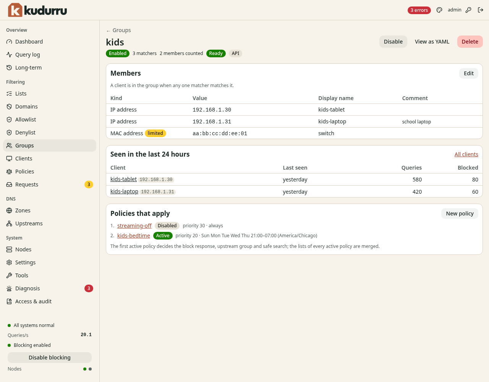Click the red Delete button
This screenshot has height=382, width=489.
470,42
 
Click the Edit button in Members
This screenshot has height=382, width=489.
468,73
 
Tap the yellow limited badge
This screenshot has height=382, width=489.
155,133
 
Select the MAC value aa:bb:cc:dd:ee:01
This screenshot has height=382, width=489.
220,133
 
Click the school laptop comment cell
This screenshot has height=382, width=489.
416,122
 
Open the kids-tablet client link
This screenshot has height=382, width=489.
123,179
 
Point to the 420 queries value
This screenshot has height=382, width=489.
417,192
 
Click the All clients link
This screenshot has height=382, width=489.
466,154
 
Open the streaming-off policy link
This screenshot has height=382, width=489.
134,226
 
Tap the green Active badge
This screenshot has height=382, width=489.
163,236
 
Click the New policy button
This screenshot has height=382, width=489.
460,214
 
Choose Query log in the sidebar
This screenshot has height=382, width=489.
28,55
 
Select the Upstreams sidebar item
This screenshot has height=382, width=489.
29,223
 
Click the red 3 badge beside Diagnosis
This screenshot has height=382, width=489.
89,288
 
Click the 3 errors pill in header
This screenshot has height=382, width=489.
419,10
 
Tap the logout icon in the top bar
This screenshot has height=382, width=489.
481,10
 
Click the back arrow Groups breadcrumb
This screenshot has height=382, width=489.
118,30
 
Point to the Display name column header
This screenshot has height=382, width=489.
336,98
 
